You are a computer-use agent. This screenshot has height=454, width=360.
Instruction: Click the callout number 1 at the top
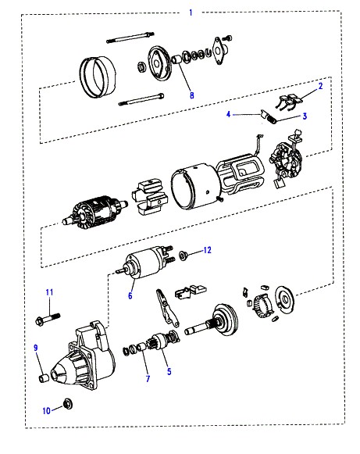pyautogui.click(x=191, y=13)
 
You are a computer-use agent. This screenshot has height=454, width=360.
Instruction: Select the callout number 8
pyautogui.click(x=191, y=95)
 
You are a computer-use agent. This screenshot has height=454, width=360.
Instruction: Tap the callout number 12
pyautogui.click(x=207, y=250)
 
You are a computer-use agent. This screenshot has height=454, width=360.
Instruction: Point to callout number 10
pyautogui.click(x=46, y=411)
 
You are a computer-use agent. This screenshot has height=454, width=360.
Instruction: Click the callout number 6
pyautogui.click(x=130, y=295)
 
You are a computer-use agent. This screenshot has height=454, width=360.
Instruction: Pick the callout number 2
pyautogui.click(x=320, y=86)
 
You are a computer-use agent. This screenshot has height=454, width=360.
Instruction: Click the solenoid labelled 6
pyautogui.click(x=144, y=263)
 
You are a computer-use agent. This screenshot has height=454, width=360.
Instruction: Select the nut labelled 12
pyautogui.click(x=183, y=256)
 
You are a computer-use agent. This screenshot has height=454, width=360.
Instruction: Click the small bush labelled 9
pyautogui.click(x=44, y=378)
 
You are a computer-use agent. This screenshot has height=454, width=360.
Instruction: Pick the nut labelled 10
pyautogui.click(x=68, y=403)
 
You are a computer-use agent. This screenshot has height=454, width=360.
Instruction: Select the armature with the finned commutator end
pyautogui.click(x=94, y=211)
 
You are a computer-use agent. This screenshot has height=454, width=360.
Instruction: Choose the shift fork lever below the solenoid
pyautogui.click(x=166, y=308)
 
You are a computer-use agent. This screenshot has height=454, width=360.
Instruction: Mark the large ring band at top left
pyautogui.click(x=98, y=76)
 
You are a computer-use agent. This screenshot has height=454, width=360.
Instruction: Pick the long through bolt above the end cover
pyautogui.click(x=130, y=38)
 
